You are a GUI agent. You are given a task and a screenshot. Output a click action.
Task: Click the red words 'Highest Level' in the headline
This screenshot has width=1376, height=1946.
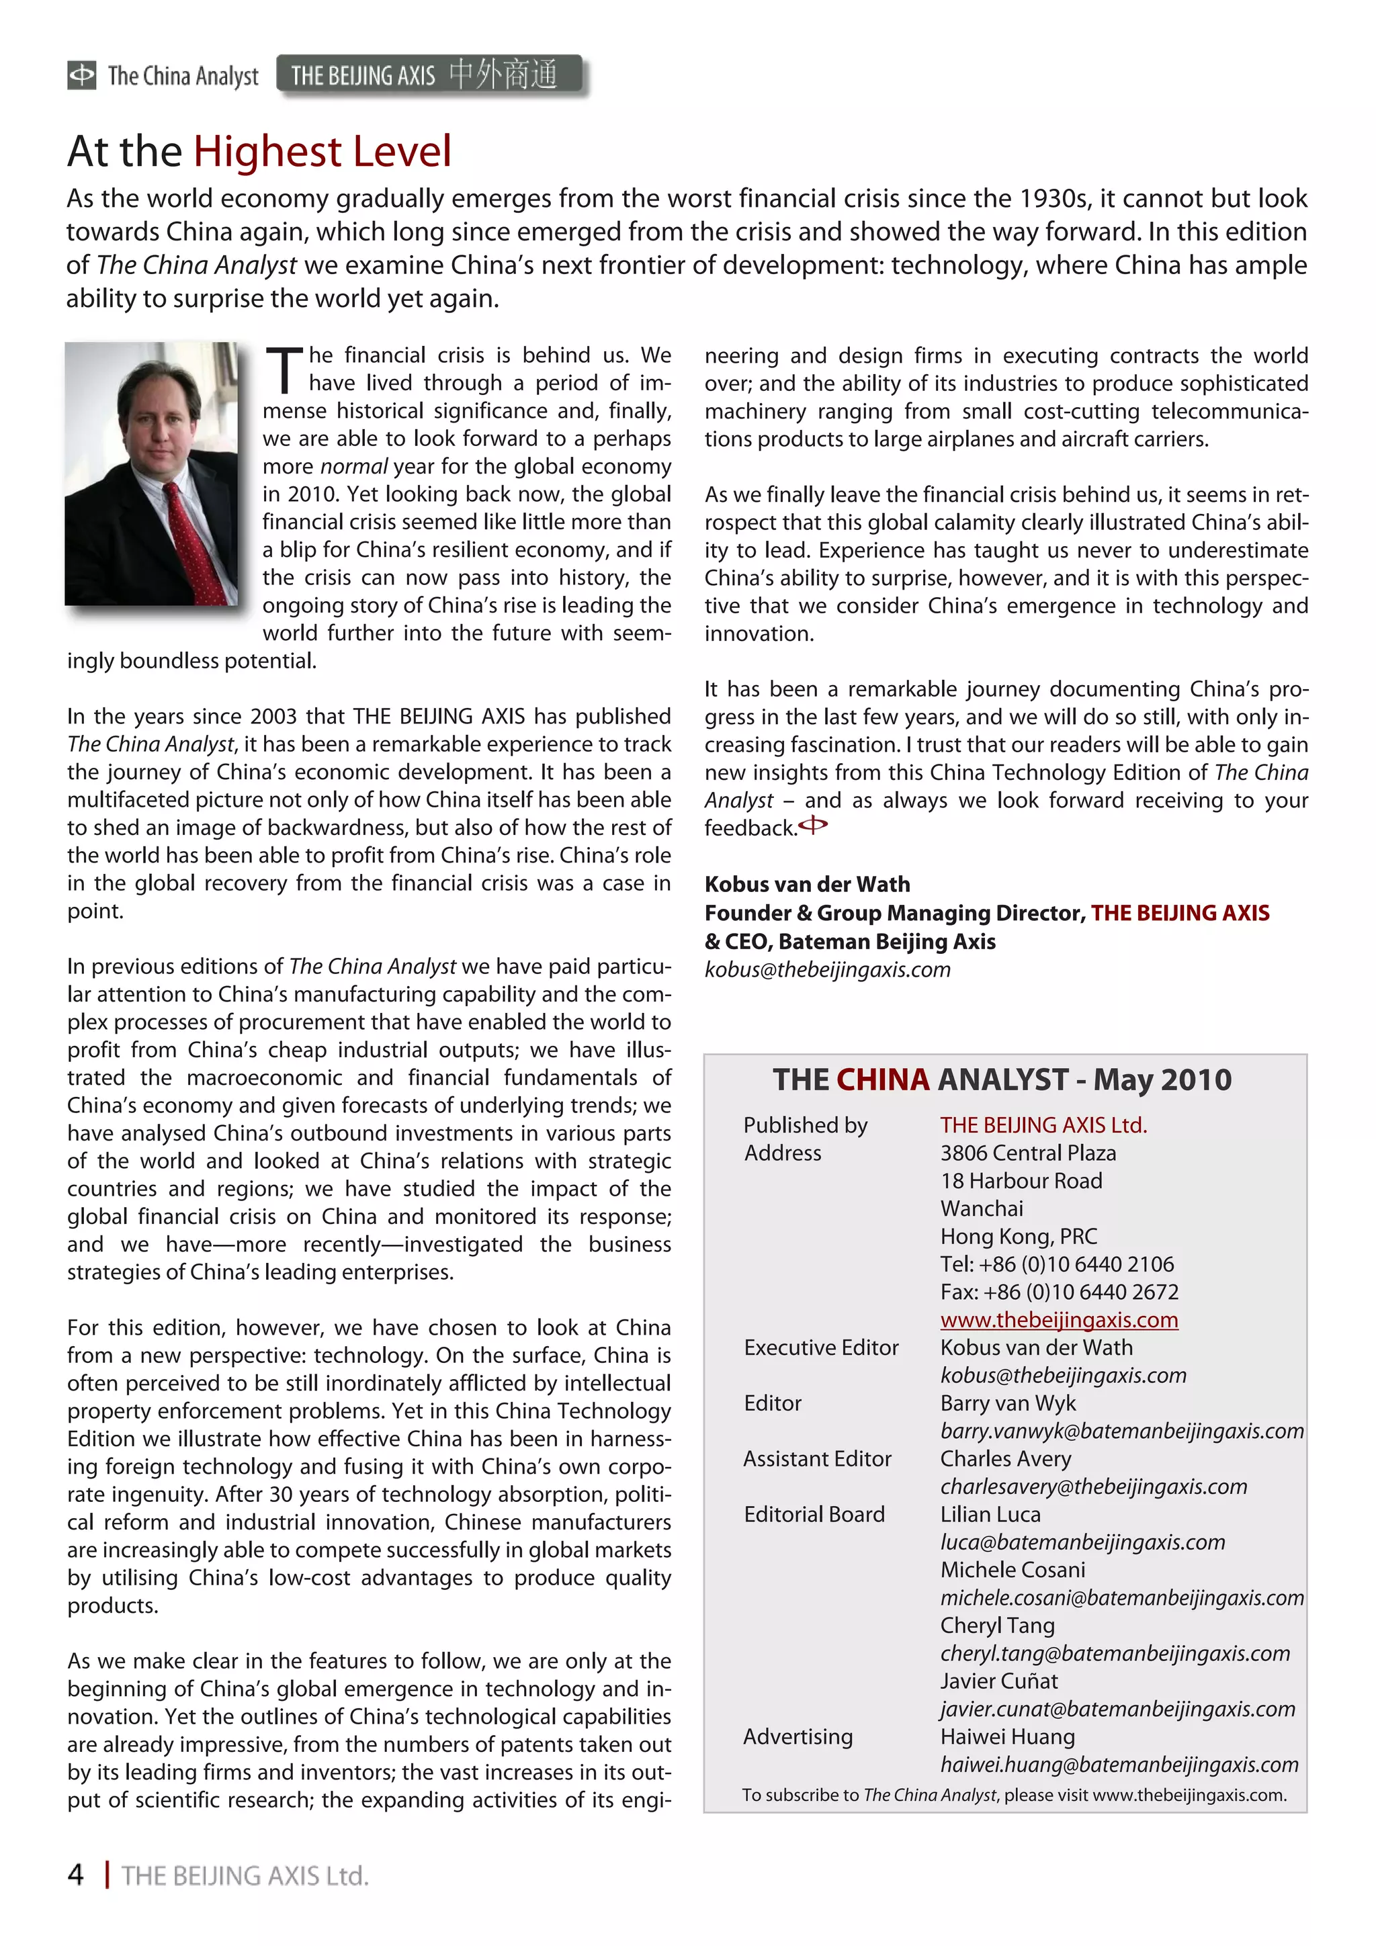tap(322, 152)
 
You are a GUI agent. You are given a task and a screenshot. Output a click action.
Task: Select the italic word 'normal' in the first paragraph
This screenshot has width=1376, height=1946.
tap(353, 466)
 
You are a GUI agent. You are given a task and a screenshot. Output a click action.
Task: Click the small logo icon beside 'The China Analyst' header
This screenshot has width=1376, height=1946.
tap(81, 75)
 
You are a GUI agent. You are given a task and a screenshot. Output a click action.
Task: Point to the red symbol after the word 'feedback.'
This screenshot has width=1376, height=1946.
tap(813, 825)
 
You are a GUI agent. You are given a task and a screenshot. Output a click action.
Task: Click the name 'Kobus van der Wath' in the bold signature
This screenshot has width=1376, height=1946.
tap(807, 884)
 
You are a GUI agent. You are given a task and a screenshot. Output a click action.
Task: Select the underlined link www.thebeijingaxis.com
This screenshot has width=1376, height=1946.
tap(1059, 1320)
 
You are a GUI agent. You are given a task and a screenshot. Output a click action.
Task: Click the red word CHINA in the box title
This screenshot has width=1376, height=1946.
tap(883, 1079)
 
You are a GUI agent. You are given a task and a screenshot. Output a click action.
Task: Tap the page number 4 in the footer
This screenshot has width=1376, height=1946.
tap(75, 1875)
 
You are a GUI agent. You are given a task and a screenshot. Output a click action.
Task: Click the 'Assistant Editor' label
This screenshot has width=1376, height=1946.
tap(817, 1458)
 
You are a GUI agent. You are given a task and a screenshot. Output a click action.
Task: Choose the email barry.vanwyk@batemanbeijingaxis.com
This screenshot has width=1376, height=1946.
tap(1121, 1431)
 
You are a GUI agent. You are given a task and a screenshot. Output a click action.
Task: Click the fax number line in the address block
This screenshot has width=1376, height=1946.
tap(1059, 1292)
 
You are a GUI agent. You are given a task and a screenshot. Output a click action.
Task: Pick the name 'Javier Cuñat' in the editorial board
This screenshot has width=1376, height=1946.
tap(998, 1681)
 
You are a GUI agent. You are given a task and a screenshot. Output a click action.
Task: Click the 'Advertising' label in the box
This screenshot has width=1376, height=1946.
tap(798, 1736)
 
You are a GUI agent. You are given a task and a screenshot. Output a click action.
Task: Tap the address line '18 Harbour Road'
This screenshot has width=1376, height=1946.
tap(1021, 1181)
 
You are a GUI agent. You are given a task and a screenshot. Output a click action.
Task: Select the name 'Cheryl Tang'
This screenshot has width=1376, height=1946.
tap(997, 1626)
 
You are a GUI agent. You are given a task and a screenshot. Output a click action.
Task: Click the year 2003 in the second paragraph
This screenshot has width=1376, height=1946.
tap(274, 716)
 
